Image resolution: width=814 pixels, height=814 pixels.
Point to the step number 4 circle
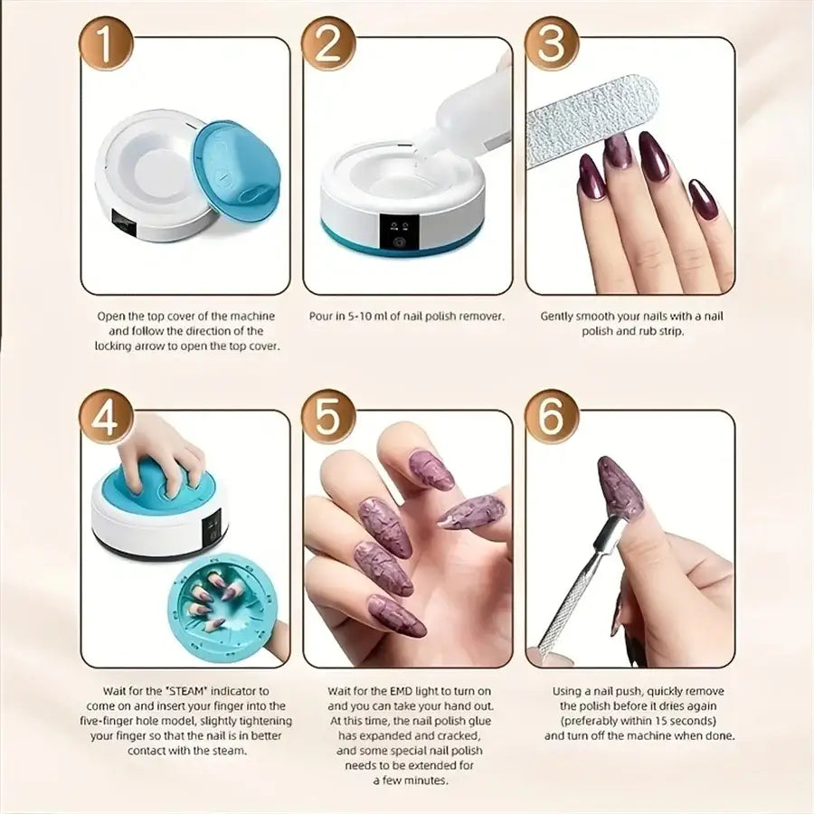coord(107,416)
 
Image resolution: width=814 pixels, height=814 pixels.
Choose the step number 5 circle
coord(328,416)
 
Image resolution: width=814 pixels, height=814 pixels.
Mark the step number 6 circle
coord(552,416)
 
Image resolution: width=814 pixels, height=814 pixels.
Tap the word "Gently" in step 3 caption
coord(561,317)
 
